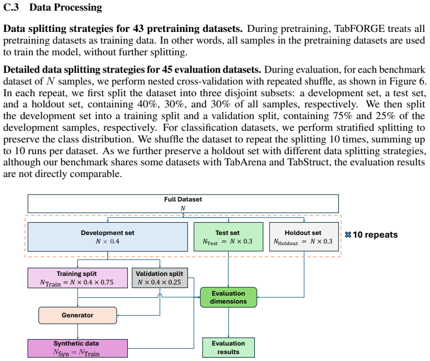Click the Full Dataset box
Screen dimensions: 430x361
[183, 204]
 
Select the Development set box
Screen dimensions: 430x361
[108, 237]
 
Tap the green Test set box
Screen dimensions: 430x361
[229, 237]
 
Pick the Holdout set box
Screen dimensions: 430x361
[304, 237]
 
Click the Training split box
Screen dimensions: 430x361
[78, 278]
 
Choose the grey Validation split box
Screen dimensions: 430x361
[160, 278]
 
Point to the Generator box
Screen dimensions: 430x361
[78, 315]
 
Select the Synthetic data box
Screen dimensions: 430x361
[78, 348]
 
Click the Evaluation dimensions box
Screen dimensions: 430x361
[229, 297]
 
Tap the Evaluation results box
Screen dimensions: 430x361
[229, 348]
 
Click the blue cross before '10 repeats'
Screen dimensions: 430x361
[348, 235]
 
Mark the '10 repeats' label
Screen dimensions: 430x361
[375, 235]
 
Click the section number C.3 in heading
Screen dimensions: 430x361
[11, 7]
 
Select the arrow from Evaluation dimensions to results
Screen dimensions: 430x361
[229, 322]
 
